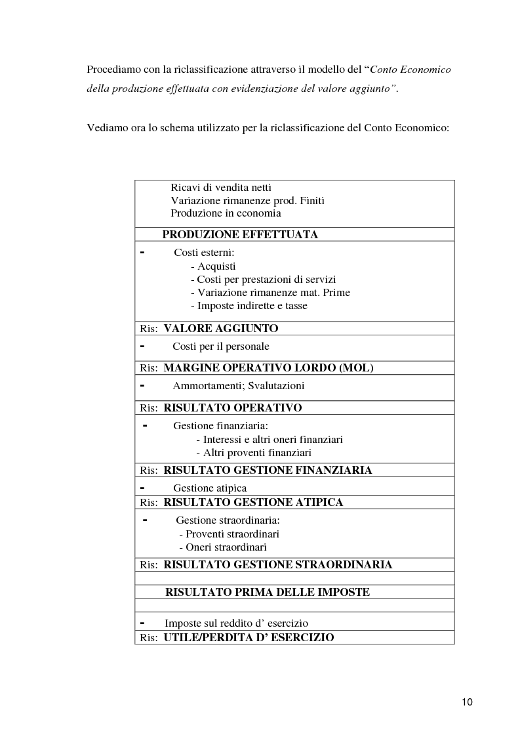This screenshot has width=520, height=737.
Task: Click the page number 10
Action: (x=467, y=702)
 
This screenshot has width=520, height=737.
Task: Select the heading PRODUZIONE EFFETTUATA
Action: (x=240, y=235)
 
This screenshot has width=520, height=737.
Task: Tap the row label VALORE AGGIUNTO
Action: (x=220, y=328)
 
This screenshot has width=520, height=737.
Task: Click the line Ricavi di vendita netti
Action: (x=221, y=188)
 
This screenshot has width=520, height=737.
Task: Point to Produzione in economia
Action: (x=226, y=213)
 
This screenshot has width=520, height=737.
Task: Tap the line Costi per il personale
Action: (x=221, y=347)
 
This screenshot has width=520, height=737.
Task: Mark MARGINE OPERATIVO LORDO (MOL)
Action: (x=268, y=368)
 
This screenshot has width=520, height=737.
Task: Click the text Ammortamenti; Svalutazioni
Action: (x=239, y=386)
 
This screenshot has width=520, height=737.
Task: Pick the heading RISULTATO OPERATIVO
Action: (x=232, y=408)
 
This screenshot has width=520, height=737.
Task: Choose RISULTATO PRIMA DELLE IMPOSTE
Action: (x=267, y=593)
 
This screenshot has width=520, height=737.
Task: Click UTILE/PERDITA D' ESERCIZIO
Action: (x=249, y=637)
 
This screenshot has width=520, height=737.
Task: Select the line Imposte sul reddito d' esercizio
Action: (x=236, y=623)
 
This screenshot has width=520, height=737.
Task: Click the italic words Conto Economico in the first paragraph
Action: (x=411, y=70)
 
